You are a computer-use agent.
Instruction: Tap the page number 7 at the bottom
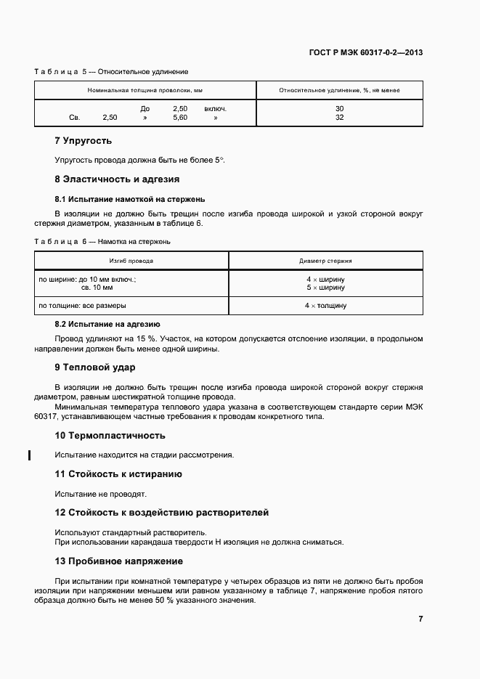pos(420,619)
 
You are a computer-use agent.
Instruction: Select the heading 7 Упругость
pos(84,140)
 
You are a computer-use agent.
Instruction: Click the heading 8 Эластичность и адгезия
pos(117,179)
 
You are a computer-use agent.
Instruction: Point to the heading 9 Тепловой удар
pos(94,367)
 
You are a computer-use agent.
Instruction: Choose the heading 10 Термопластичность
pos(110,436)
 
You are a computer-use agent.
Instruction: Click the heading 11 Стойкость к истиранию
pos(118,474)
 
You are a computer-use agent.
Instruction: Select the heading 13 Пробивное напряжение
pos(119,561)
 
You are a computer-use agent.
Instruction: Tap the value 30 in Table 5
pos(339,109)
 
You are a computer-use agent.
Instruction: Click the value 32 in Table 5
pos(339,117)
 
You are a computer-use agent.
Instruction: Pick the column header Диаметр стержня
pos(325,261)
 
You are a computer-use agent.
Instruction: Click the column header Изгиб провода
pos(131,261)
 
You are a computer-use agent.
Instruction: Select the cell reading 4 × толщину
pos(325,306)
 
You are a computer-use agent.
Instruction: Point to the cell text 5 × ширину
pos(325,288)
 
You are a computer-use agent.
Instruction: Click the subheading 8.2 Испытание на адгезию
pos(107,324)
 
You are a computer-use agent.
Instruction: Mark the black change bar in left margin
pos(29,455)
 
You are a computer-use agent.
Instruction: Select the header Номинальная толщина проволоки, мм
pos(145,91)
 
